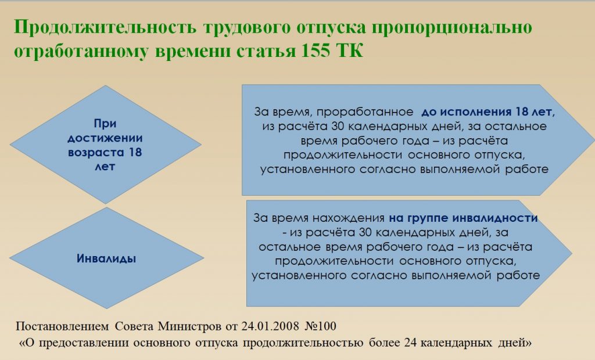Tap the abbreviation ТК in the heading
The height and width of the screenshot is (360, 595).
pyautogui.click(x=350, y=51)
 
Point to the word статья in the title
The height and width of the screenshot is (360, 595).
pyautogui.click(x=266, y=51)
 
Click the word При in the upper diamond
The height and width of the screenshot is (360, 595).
pyautogui.click(x=105, y=123)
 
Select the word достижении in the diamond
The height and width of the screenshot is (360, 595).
pyautogui.click(x=105, y=138)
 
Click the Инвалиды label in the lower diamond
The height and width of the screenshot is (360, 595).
pyautogui.click(x=106, y=259)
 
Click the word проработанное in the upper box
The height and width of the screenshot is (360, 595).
pyautogui.click(x=365, y=112)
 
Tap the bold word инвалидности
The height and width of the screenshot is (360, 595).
pyautogui.click(x=496, y=218)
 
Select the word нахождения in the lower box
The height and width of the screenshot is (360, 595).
pyautogui.click(x=349, y=218)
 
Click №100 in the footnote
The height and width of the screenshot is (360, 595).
pyautogui.click(x=321, y=326)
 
